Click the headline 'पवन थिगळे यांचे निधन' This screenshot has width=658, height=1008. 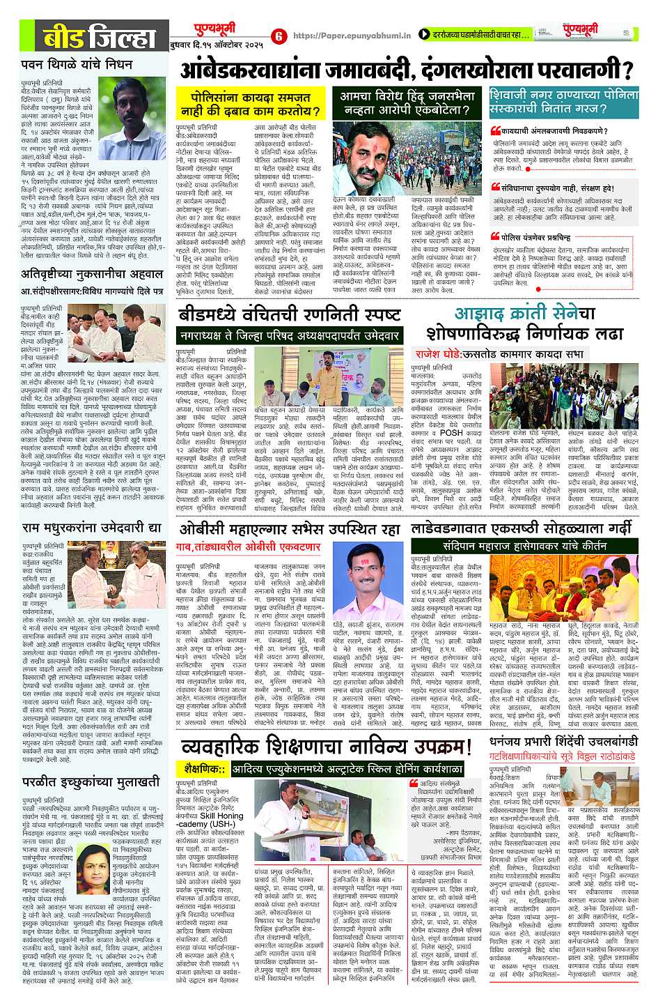click(77, 66)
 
